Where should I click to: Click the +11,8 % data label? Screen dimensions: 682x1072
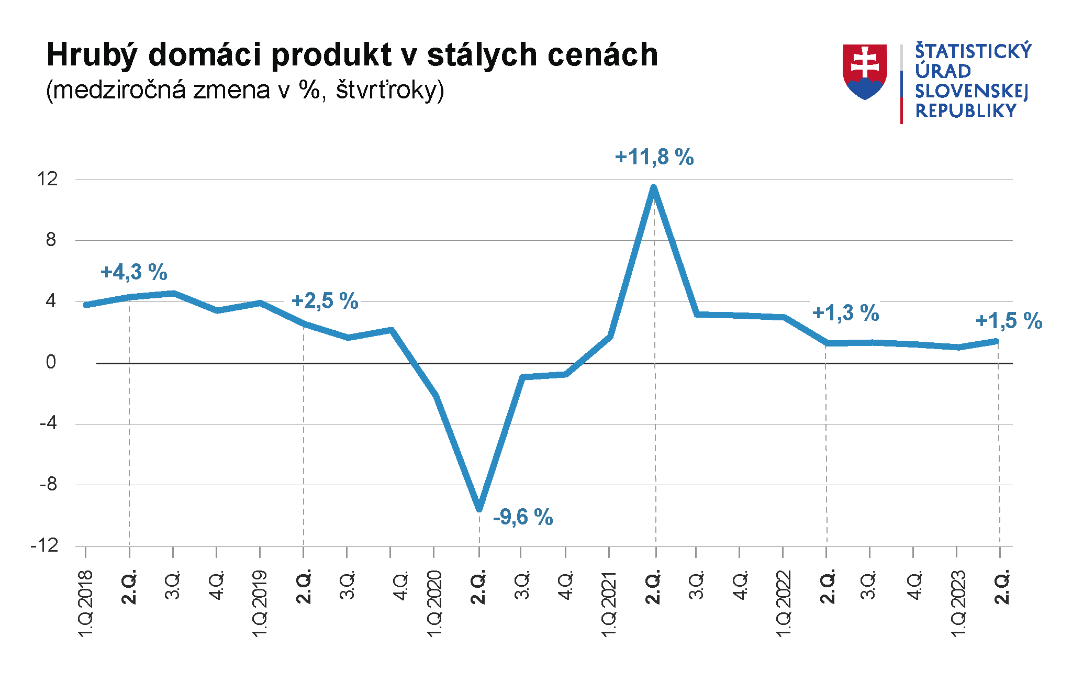[x=654, y=157]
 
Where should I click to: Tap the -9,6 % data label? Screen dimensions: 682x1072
[x=523, y=517]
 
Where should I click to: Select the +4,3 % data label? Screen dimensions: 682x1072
[x=134, y=272]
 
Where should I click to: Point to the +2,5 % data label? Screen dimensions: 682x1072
[x=325, y=301]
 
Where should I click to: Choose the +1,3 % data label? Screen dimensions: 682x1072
[x=845, y=313]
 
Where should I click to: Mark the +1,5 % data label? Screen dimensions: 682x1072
[x=1009, y=321]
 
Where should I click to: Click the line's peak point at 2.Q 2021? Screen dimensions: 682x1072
[x=653, y=187]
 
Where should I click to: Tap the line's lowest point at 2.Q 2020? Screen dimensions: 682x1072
[x=479, y=508]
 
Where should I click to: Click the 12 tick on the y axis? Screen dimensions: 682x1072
[x=47, y=180]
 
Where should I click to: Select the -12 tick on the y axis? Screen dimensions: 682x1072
[x=44, y=546]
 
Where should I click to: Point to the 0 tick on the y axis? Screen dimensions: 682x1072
[x=51, y=362]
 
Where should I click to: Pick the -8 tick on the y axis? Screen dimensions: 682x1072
[x=48, y=485]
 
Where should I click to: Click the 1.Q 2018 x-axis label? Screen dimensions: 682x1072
[x=85, y=603]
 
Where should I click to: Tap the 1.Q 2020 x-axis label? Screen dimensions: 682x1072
[x=434, y=603]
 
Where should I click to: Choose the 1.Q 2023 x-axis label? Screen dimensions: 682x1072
[x=957, y=603]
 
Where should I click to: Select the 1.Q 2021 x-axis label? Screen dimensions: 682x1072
[x=609, y=603]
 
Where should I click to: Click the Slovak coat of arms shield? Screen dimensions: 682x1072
[x=865, y=71]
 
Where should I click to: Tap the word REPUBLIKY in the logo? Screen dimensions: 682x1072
[x=966, y=111]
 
